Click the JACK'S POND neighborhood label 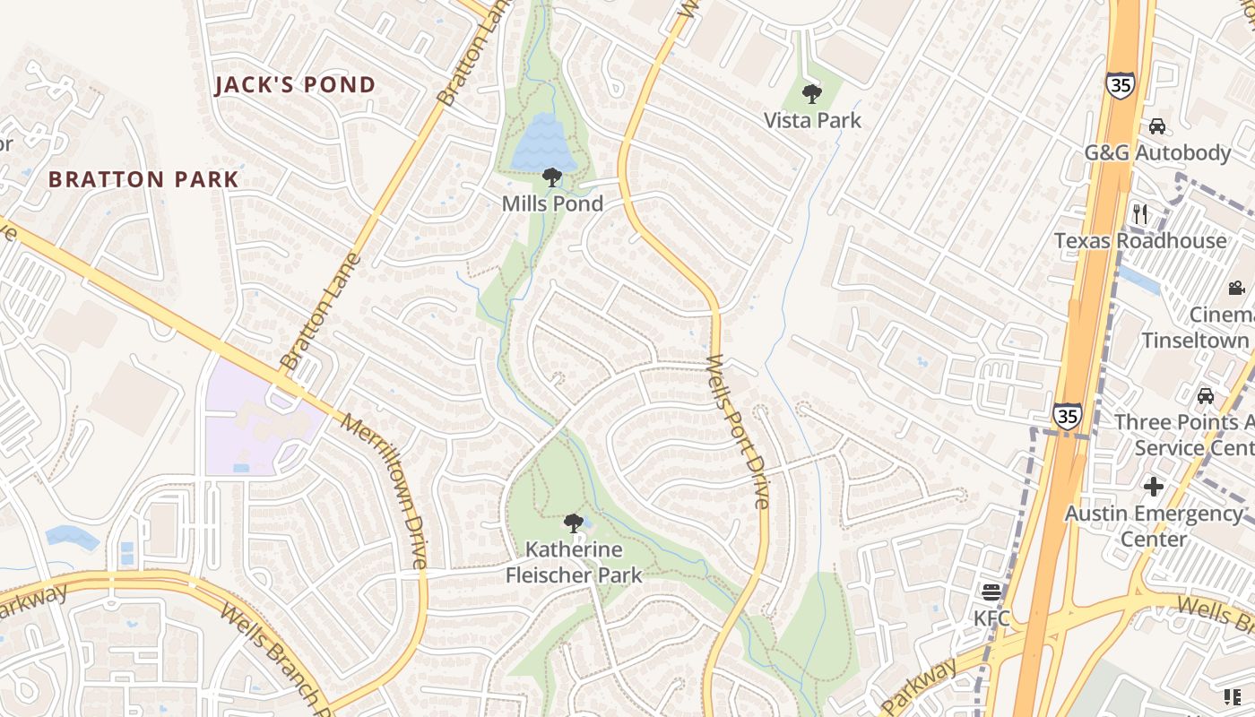click(x=295, y=85)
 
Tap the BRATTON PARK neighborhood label click(x=143, y=179)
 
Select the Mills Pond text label click(x=552, y=203)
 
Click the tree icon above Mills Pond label click(x=552, y=177)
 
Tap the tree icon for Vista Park click(x=812, y=93)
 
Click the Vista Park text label click(x=812, y=120)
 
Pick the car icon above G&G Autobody click(x=1157, y=126)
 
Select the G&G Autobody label click(x=1157, y=152)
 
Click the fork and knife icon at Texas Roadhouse click(x=1140, y=213)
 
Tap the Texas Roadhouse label click(x=1140, y=240)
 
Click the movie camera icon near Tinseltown click(x=1237, y=288)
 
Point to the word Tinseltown click(x=1195, y=341)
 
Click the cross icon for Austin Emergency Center click(x=1154, y=487)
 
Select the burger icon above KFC click(x=991, y=592)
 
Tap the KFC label click(x=991, y=618)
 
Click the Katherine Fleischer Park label click(x=574, y=562)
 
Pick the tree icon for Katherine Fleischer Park click(x=574, y=523)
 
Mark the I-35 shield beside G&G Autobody click(x=1121, y=84)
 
